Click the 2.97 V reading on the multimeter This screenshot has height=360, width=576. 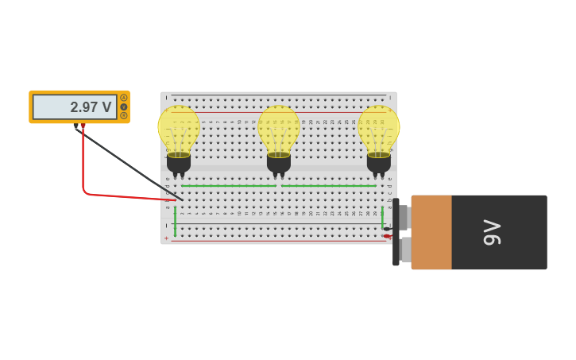point(90,107)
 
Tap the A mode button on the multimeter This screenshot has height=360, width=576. point(124,98)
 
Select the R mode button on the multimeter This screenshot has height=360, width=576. point(124,116)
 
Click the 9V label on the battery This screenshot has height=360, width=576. point(493,232)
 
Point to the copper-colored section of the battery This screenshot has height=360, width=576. point(431,232)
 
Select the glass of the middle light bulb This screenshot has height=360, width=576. point(279,127)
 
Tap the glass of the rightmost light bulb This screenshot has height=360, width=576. point(378,127)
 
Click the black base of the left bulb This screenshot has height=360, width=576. point(179,162)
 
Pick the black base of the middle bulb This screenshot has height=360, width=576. point(279,162)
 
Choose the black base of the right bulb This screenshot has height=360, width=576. point(378,162)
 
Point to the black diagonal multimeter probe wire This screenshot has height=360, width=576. point(127,159)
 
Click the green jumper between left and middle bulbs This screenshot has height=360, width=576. point(229,187)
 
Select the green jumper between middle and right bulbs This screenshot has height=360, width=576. point(329,187)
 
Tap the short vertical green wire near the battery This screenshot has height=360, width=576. point(382,216)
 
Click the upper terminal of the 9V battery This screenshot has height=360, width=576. point(404,217)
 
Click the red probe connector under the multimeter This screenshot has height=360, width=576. point(83,126)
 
